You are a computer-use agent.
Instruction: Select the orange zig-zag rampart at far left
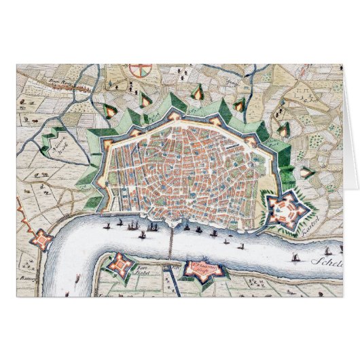(22, 217)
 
